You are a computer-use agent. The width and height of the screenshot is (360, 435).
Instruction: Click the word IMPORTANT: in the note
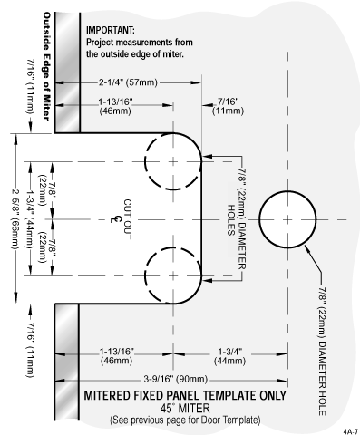(x=111, y=30)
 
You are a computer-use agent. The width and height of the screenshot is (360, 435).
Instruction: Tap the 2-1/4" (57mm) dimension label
(x=128, y=82)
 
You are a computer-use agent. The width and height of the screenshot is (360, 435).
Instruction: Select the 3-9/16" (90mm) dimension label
(x=176, y=379)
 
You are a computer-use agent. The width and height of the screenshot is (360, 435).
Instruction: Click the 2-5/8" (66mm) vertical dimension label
(x=15, y=218)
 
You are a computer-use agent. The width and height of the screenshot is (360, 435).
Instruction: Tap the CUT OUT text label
(x=127, y=219)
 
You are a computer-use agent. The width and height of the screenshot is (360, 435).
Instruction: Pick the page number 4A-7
(x=351, y=430)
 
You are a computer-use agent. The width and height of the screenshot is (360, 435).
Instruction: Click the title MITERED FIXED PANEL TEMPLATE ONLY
(x=185, y=395)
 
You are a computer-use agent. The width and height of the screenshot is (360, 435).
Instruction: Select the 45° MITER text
(x=185, y=409)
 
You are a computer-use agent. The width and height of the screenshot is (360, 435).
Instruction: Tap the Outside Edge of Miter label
(x=46, y=66)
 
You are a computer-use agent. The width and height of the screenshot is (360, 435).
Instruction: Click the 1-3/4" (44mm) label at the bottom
(x=230, y=356)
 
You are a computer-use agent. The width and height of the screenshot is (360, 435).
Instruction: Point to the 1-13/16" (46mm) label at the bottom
(x=117, y=356)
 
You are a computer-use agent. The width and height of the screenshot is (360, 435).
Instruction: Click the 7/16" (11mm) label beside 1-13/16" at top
(x=228, y=106)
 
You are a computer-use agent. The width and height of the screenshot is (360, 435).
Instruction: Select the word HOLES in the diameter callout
(x=231, y=220)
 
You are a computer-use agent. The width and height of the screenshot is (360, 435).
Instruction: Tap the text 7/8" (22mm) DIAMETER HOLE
(x=323, y=352)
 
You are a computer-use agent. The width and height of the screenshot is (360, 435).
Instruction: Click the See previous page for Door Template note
(x=185, y=420)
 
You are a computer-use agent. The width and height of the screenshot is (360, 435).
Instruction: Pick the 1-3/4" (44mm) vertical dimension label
(x=30, y=218)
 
